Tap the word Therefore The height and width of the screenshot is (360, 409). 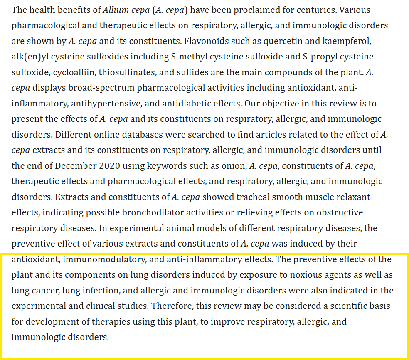(x=169, y=306)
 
